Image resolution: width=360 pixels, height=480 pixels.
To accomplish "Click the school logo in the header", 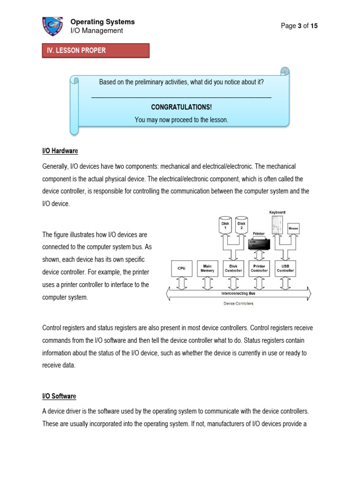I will point(52,27).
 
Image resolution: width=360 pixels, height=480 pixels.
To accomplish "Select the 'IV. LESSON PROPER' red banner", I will point(96,51).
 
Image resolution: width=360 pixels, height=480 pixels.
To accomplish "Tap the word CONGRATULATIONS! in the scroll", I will point(181,107).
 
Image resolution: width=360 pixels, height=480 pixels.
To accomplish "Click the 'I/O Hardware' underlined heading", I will point(60,151).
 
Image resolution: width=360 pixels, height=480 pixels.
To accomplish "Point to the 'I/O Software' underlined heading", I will point(59,396).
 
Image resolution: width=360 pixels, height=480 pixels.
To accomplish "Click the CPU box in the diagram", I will point(181,268).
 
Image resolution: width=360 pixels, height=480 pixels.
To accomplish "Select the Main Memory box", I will point(207,268).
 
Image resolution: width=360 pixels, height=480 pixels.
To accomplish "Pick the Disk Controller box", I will point(233,268).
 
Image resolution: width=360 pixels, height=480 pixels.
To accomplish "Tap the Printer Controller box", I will point(259,268).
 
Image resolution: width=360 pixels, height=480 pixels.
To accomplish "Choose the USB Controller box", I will point(285,268).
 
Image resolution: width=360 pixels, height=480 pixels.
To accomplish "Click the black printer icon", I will point(259,243).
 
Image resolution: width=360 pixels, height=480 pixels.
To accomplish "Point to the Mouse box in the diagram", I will point(293,228).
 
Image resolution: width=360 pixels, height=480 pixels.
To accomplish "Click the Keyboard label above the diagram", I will point(277,212).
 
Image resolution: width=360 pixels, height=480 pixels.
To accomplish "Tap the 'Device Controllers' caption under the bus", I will point(238,304).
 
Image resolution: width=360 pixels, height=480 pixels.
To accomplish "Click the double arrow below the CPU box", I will point(181,283).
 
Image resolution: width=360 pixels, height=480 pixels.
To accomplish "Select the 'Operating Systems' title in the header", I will point(102,22).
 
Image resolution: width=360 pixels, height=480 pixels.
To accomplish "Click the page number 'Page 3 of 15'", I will point(299,26).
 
